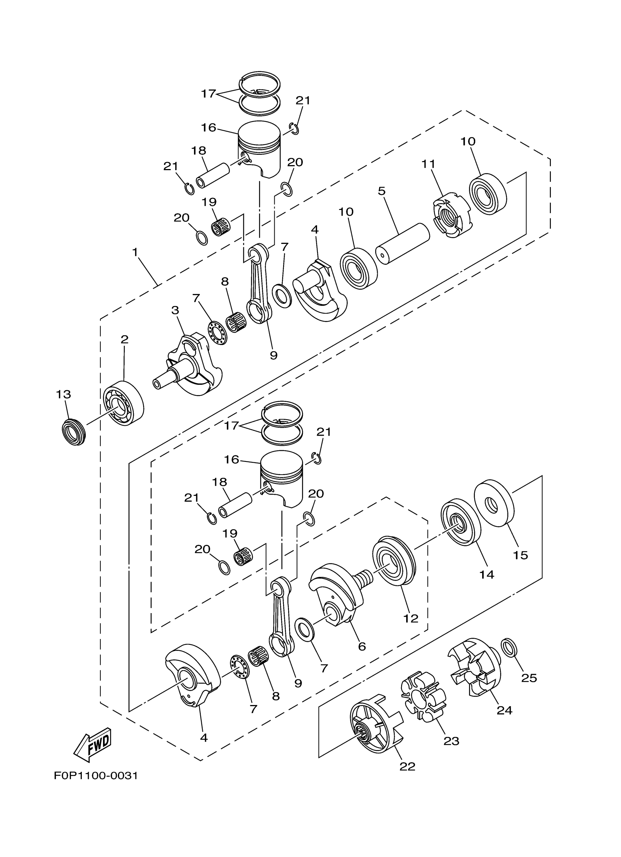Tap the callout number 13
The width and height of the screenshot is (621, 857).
[x=64, y=394]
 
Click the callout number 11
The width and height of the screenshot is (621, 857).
[x=428, y=164]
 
